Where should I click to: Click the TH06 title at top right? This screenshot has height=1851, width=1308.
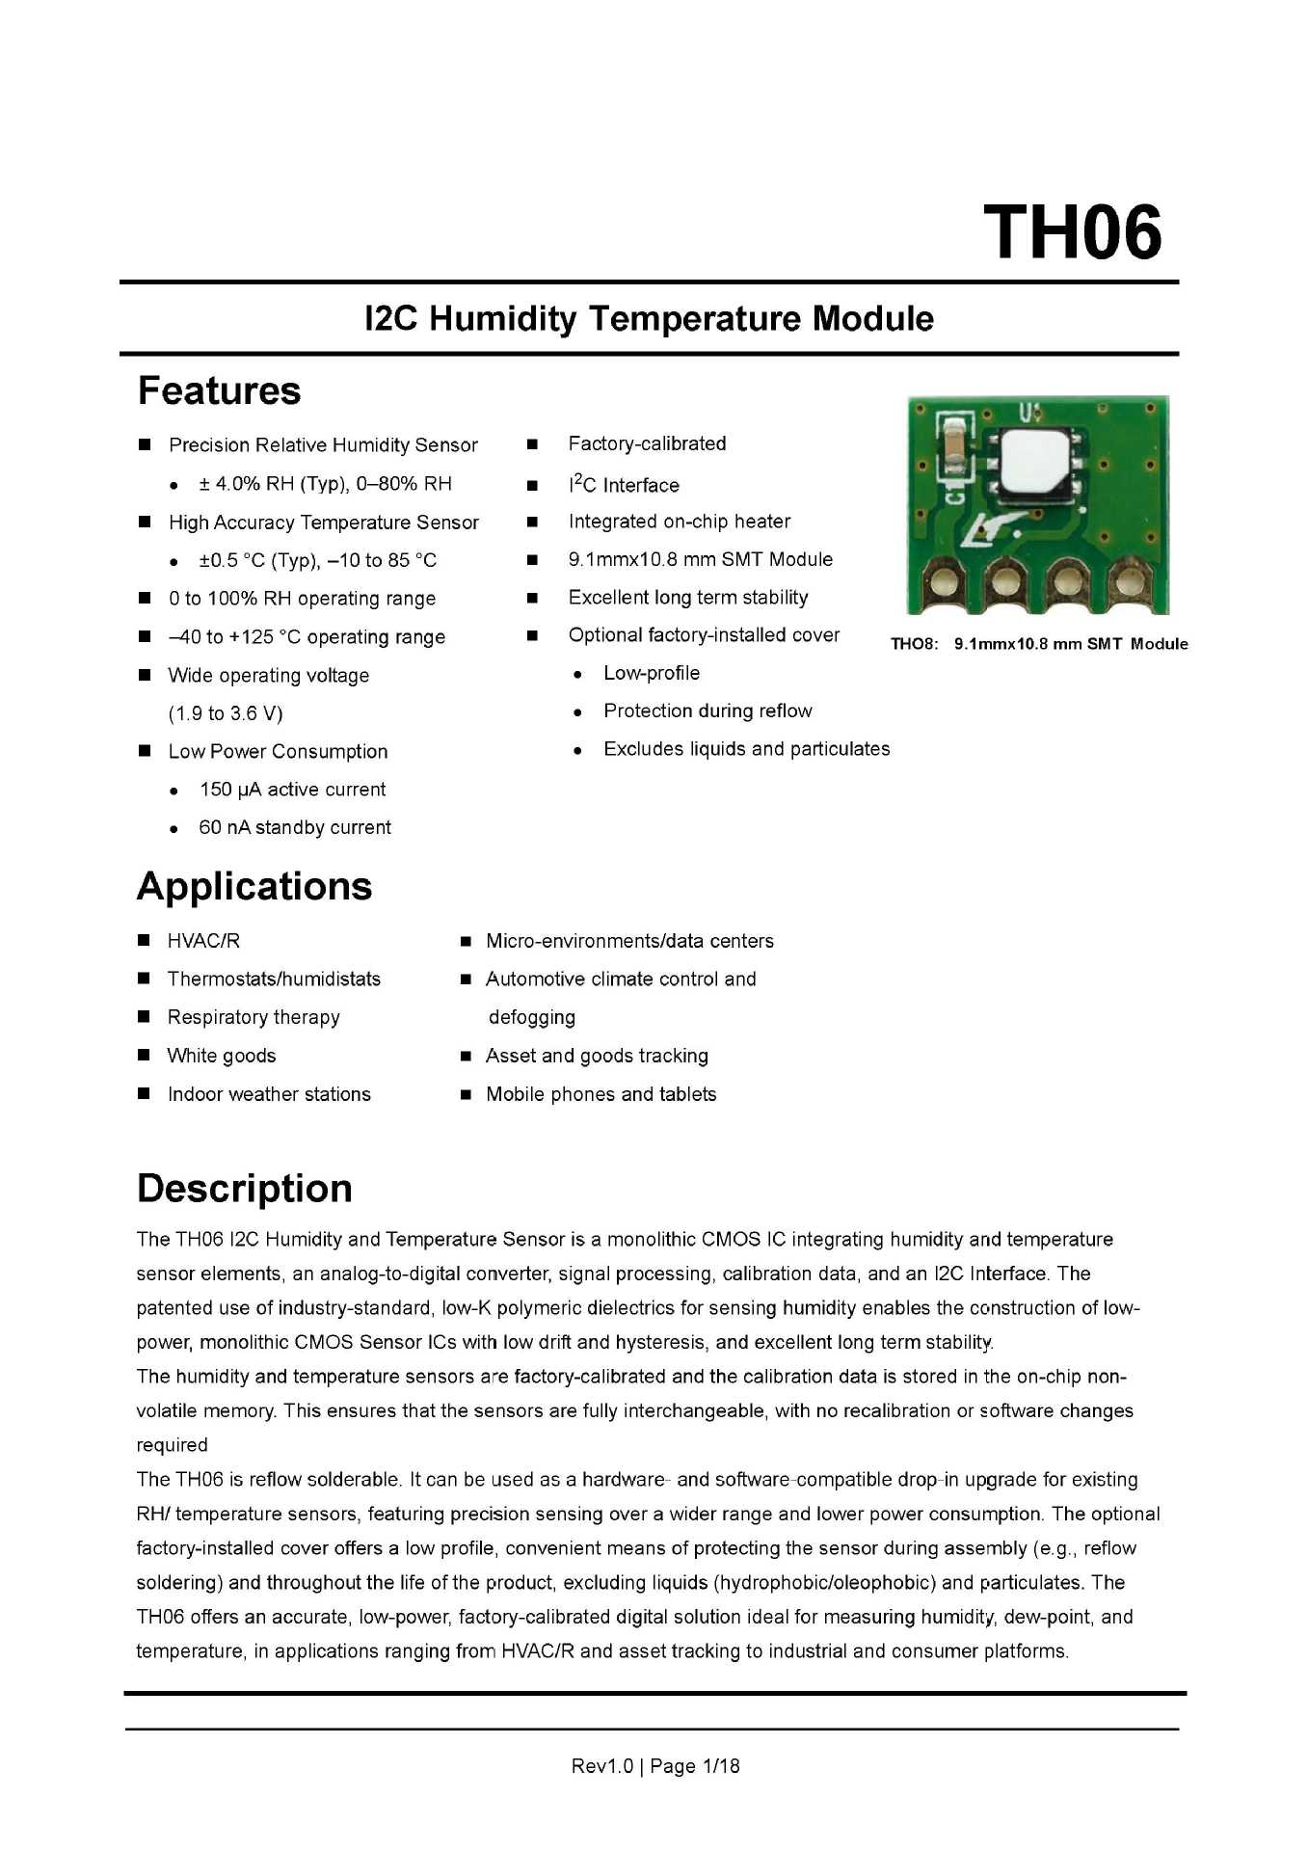point(1072,233)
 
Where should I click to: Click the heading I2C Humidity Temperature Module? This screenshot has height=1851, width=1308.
point(649,319)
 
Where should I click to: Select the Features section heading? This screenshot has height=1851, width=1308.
point(219,391)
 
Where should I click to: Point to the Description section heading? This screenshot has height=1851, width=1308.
point(245,1189)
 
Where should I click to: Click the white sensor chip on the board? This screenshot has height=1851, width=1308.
point(1036,463)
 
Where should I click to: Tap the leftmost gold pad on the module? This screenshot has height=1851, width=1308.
point(945,582)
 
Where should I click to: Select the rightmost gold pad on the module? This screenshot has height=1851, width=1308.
point(1126,582)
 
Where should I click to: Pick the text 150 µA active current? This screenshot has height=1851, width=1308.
point(292,790)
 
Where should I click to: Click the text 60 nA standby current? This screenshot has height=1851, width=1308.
point(294,828)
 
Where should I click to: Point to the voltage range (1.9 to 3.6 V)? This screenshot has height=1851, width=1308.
point(226,713)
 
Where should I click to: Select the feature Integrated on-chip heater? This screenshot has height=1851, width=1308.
point(679,522)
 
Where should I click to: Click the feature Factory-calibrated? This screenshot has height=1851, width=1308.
point(647,443)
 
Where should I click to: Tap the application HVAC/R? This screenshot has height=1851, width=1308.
point(203,941)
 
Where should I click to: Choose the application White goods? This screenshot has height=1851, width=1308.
point(221,1056)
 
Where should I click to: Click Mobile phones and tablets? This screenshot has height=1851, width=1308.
point(601,1094)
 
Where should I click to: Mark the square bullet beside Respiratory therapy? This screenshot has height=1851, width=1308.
point(144,1017)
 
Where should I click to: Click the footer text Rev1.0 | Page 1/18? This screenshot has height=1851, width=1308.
point(655,1766)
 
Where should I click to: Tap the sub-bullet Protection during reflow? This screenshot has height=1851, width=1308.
point(707,711)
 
